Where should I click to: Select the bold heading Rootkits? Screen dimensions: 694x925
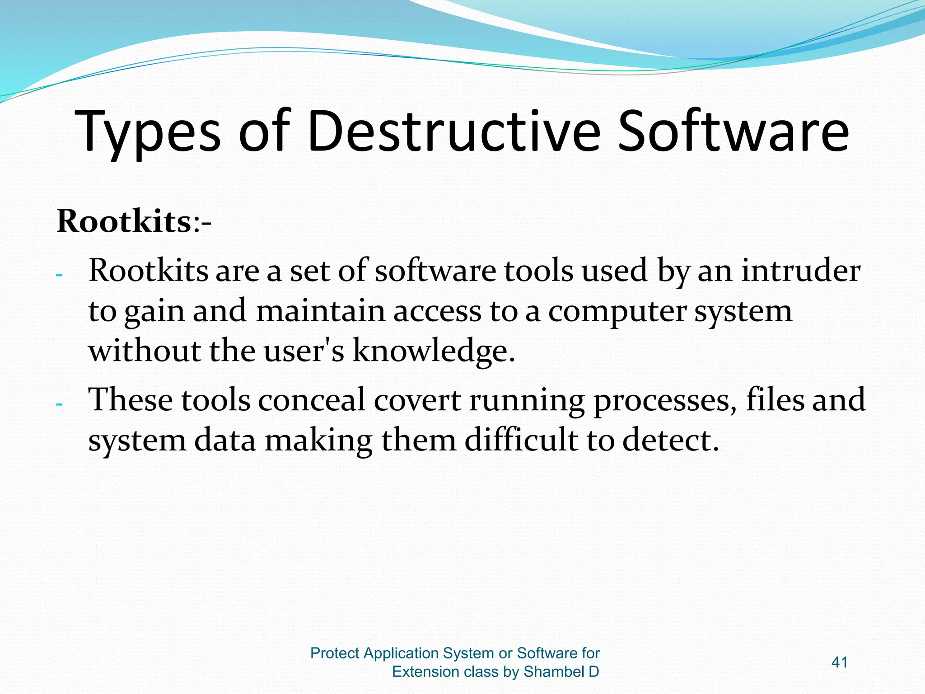[125, 221]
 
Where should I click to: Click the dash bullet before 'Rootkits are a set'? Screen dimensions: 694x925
[59, 275]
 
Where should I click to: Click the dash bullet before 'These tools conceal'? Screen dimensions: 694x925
[59, 404]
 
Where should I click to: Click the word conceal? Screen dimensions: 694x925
[311, 400]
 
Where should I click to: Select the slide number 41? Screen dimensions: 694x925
[839, 662]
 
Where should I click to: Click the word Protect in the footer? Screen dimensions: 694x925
[335, 653]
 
